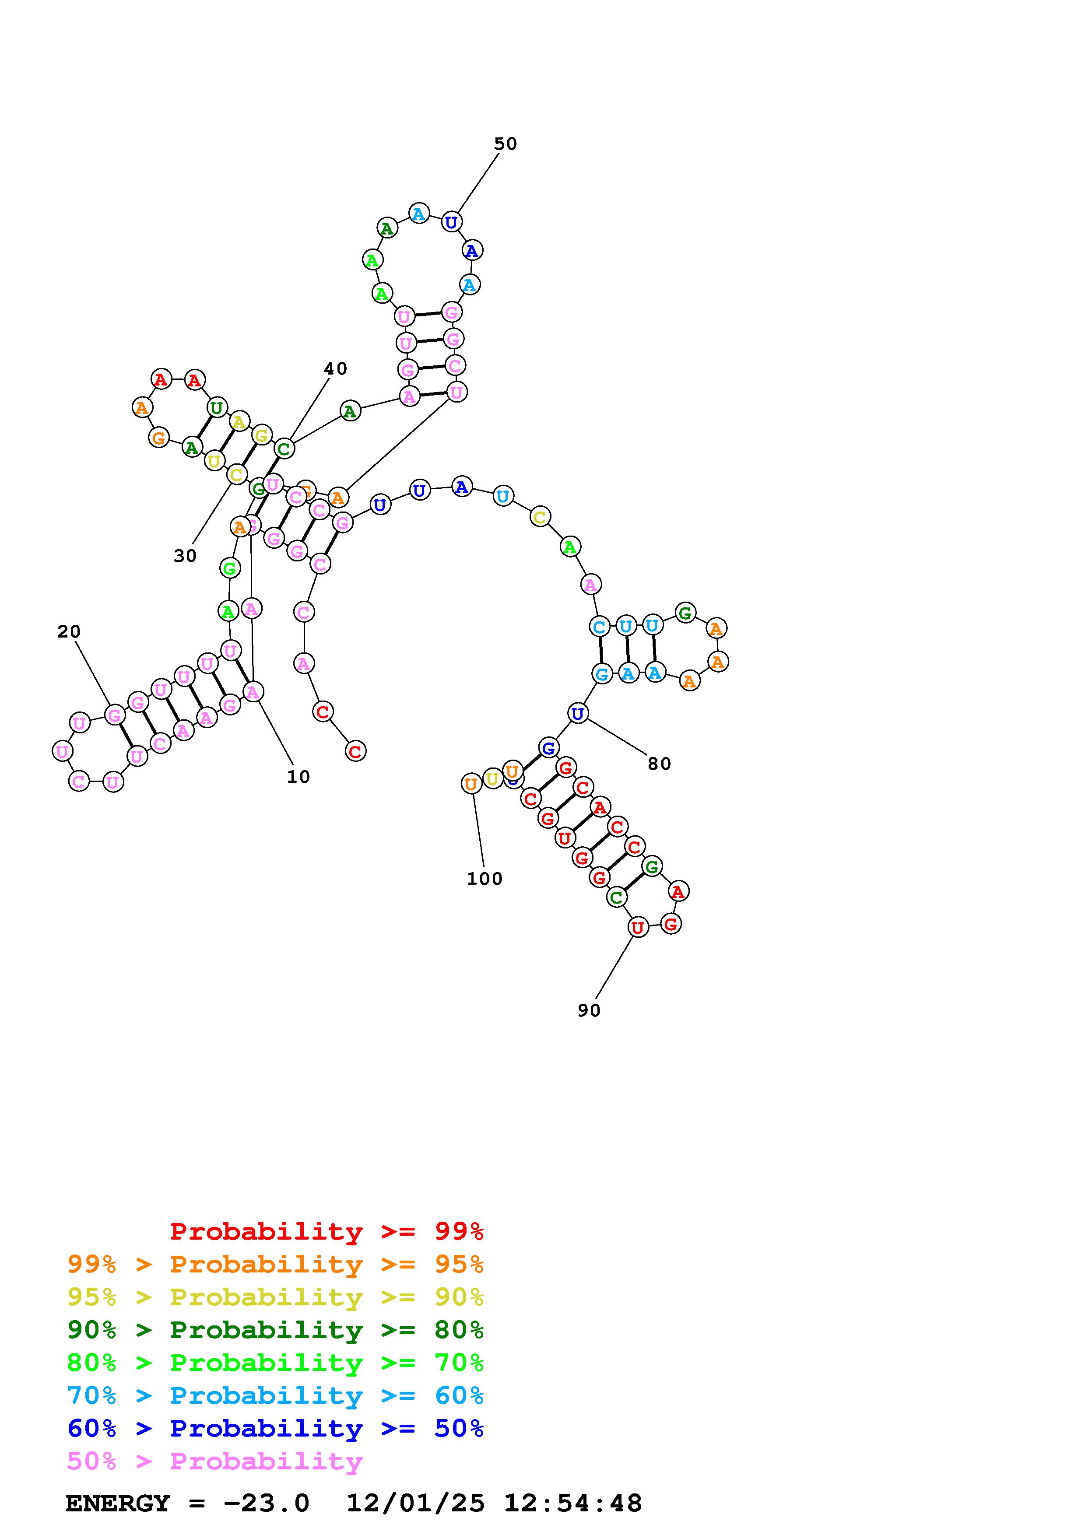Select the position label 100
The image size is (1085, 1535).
(x=484, y=879)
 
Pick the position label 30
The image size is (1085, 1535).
(x=185, y=556)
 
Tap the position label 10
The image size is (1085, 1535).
(x=298, y=776)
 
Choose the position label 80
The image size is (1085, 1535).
(x=659, y=764)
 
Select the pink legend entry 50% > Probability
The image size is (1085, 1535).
(x=214, y=1461)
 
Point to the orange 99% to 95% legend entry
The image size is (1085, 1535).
(x=275, y=1264)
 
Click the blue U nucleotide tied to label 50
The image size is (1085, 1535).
(x=451, y=221)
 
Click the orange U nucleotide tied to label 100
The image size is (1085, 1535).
(x=471, y=784)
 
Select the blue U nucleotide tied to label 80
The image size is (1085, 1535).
(x=578, y=713)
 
